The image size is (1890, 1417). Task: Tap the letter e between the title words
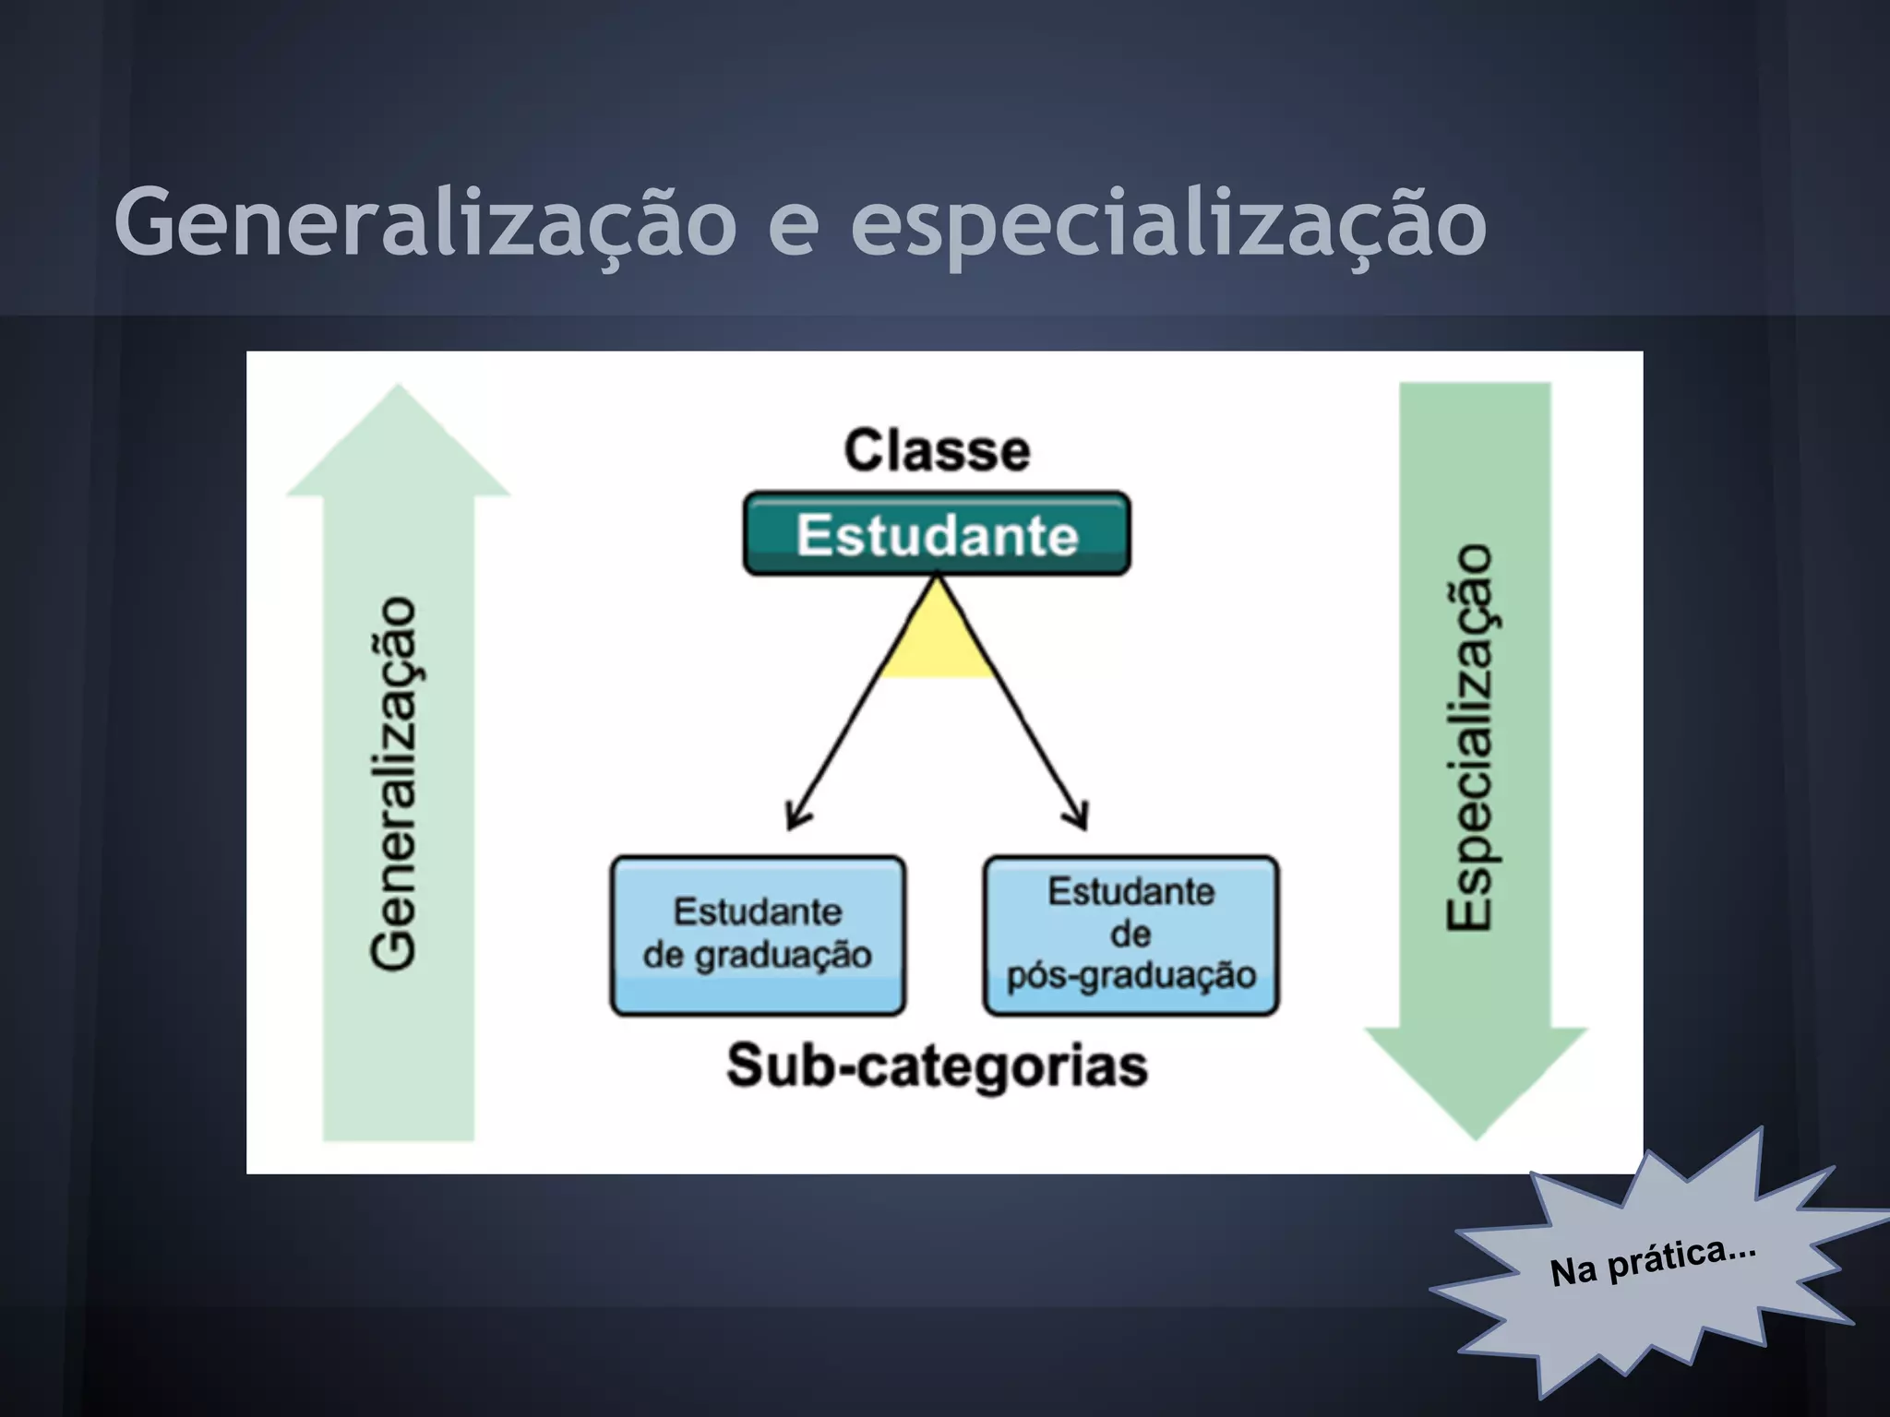(x=793, y=228)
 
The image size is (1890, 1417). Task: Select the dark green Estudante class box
(x=937, y=534)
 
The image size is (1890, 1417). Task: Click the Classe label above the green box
(x=937, y=451)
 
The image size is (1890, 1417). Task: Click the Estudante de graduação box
(x=758, y=935)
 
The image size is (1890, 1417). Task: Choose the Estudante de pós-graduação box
(x=1130, y=935)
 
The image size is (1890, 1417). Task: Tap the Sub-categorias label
(x=937, y=1066)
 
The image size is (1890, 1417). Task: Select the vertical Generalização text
(x=394, y=782)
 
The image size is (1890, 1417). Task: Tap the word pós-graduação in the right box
(x=1130, y=975)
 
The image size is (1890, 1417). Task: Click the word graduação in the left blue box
(x=783, y=956)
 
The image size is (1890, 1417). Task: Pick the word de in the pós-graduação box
(x=1130, y=935)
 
